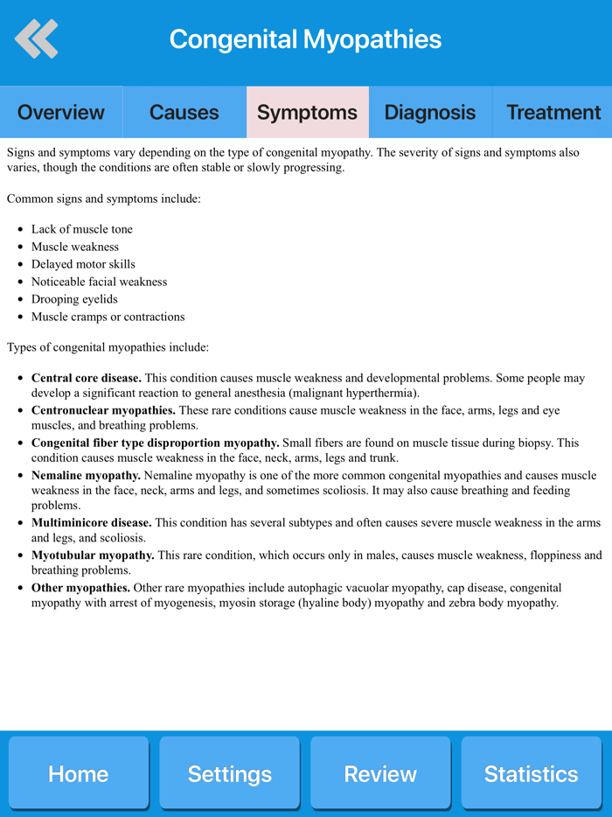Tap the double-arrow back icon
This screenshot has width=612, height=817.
point(37,38)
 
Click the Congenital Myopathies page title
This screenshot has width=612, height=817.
point(305,39)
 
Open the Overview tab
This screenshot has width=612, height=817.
point(61,112)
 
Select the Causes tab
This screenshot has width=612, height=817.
point(184,112)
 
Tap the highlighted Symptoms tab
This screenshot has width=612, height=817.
point(308,112)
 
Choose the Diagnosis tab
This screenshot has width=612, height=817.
point(430,112)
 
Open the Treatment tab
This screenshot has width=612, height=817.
point(553,112)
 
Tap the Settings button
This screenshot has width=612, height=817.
point(229,773)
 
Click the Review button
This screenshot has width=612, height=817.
point(380,773)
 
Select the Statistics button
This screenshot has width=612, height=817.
point(532,773)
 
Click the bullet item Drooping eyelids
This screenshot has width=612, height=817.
point(74,299)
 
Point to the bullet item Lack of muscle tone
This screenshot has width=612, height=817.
point(82,229)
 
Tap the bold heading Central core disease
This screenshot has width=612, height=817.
point(87,379)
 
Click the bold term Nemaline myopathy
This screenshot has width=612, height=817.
point(86,476)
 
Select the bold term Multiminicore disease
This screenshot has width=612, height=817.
point(91,523)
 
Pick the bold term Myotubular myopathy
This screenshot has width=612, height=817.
point(93,555)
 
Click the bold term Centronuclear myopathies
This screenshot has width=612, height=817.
point(103,410)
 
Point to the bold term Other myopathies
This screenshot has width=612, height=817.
point(81,588)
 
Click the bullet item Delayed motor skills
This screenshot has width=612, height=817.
point(83,264)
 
